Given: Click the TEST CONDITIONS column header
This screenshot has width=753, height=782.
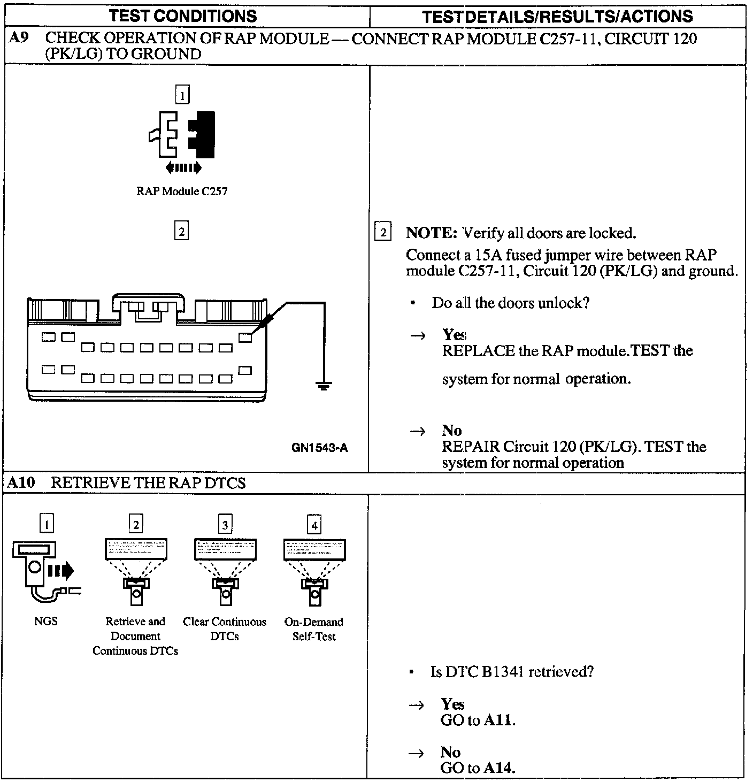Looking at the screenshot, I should coord(183,16).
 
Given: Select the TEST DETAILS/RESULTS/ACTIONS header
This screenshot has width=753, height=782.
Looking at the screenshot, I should coord(557,17).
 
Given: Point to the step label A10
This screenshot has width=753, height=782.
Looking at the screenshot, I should coord(21,483).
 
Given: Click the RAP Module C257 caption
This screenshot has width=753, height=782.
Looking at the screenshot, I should coord(182,191).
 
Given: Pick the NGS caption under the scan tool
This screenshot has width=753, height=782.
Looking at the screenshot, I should coord(45,622).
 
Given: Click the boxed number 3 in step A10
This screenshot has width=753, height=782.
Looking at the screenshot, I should coord(225,525).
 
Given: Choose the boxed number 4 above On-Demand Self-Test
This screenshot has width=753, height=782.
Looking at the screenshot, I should coord(314,525).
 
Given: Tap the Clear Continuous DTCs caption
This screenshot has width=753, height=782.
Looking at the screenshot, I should coord(225,629).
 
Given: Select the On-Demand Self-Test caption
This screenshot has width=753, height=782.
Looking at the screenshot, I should coord(314,629).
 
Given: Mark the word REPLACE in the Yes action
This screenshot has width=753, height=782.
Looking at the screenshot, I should coord(478,351).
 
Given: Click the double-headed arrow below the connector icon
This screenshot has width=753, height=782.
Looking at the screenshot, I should coord(183,168).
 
